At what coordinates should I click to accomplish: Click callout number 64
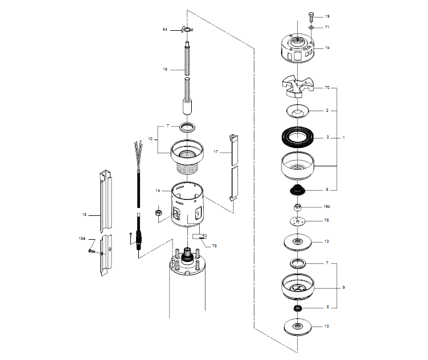(x=165, y=29)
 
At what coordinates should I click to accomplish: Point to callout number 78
(x=215, y=246)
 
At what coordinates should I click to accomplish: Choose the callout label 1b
(x=327, y=48)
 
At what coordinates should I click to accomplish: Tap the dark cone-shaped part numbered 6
(x=299, y=190)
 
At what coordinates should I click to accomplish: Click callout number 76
(x=327, y=220)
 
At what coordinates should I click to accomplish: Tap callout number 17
(x=216, y=152)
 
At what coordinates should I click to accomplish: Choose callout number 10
(x=150, y=138)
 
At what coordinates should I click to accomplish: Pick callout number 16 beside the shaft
(x=165, y=69)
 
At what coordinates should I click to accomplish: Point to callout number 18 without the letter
(x=84, y=215)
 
